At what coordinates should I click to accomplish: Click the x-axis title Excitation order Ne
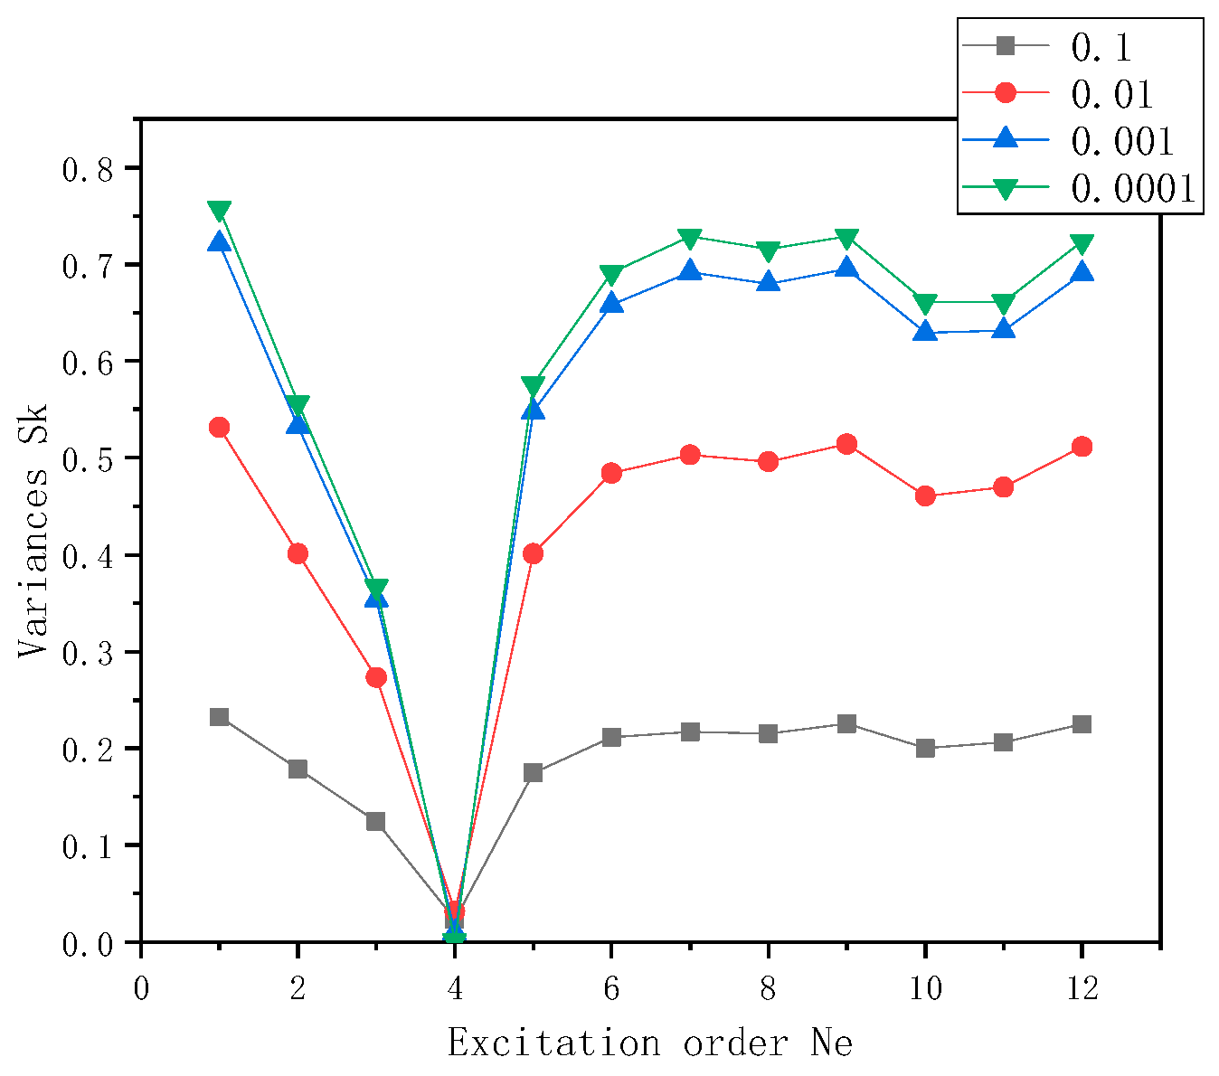coord(650,1043)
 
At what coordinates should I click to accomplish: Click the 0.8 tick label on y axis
coord(88,168)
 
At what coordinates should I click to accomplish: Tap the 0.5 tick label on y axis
coord(88,458)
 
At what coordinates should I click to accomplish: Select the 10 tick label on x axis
coord(924,988)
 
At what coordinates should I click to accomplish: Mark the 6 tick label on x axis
coord(611,988)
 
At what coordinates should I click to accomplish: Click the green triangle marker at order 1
coord(219,211)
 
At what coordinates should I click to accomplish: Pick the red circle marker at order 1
coord(219,427)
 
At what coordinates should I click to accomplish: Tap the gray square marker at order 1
coord(219,717)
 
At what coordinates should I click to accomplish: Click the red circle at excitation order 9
coord(846,444)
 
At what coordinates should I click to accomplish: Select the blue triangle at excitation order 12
coord(1082,272)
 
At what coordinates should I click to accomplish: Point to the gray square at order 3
coord(376,821)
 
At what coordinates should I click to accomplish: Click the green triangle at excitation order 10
coord(925,303)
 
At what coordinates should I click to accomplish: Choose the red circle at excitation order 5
coord(533,553)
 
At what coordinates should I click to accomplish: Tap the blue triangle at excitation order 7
coord(690,270)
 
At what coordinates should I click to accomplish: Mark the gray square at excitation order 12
coord(1082,724)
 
